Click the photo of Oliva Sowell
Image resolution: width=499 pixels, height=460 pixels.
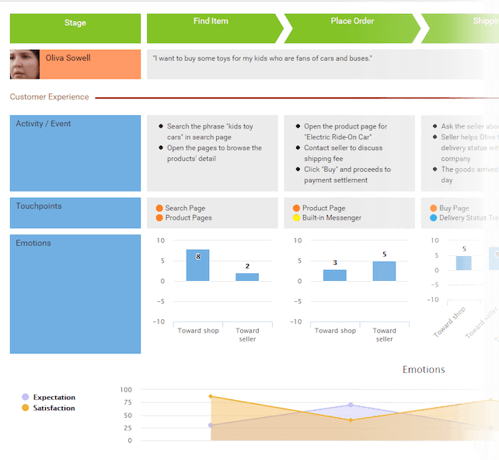[25, 65]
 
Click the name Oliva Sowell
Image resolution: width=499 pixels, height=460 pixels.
[68, 58]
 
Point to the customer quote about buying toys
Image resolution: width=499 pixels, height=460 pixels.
[263, 58]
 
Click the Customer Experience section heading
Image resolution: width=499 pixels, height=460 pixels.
[50, 97]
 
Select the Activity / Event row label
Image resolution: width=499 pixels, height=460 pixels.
[44, 124]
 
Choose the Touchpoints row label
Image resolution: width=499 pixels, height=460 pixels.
[39, 206]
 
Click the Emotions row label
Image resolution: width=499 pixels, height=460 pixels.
[33, 244]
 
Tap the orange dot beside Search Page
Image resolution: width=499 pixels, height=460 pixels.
[159, 209]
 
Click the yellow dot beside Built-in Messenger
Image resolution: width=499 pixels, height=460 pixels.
[296, 218]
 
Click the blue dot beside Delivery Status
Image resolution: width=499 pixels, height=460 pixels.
[433, 218]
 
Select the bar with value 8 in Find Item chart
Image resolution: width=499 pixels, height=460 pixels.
[197, 265]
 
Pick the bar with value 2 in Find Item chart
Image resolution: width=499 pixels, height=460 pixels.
[247, 277]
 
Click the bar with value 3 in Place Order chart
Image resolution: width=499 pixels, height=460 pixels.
[335, 276]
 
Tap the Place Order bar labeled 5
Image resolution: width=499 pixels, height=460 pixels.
[384, 271]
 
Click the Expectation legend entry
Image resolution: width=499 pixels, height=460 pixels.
[54, 397]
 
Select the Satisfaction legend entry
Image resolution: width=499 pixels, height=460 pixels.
[54, 408]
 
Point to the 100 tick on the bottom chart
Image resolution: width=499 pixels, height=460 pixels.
[126, 389]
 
